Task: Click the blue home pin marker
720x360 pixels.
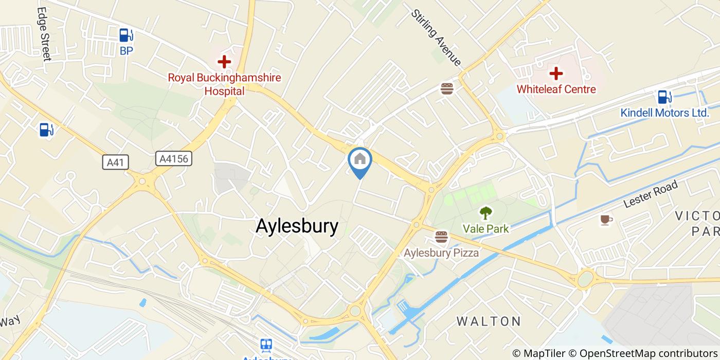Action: point(360,159)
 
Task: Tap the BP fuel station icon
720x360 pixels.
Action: point(126,35)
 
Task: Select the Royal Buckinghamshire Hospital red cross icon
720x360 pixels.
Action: point(224,62)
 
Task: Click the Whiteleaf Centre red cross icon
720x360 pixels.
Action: point(556,74)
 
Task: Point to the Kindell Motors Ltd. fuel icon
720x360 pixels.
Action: point(664,97)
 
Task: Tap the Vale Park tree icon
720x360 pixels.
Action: point(485,212)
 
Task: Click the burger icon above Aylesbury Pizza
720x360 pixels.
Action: point(441,237)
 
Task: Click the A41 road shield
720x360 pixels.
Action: point(115,163)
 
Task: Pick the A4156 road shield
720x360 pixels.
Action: point(174,159)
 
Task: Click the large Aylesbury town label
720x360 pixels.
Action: point(297,226)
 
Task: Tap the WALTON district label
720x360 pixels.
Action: point(489,321)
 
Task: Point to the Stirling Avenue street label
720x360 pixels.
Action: point(436,38)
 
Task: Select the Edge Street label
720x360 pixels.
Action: point(44,34)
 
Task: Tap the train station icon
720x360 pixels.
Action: point(266,345)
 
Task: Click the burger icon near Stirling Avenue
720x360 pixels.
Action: point(447,88)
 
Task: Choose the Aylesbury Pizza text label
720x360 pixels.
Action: point(441,253)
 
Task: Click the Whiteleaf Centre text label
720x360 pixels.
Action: point(556,89)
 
